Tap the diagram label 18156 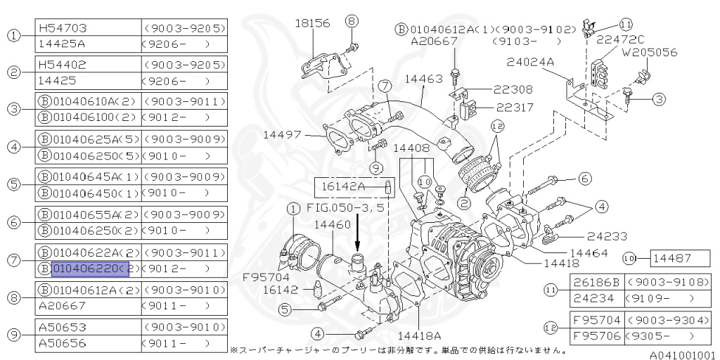point(311,23)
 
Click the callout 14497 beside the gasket point(283,134)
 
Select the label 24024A point(529,62)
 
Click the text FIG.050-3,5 point(345,208)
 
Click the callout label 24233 point(588,236)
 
